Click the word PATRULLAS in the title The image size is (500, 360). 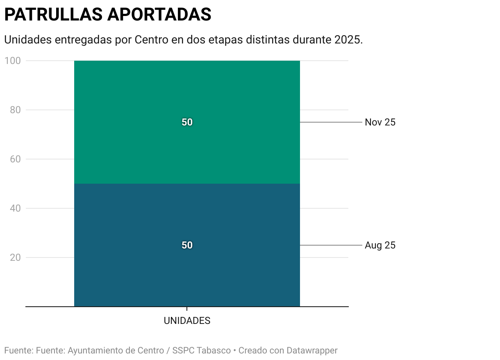click(53, 15)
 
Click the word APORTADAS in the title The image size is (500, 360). click(159, 15)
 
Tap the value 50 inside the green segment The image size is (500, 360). click(187, 123)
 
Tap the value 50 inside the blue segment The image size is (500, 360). click(187, 245)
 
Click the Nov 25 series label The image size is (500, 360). click(380, 122)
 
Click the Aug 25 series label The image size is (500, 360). click(380, 245)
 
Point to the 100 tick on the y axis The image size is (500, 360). click(13, 61)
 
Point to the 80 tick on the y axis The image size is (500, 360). click(15, 110)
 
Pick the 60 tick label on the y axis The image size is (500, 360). click(15, 159)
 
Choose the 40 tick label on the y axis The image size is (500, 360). click(15, 208)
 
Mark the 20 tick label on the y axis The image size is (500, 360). click(15, 257)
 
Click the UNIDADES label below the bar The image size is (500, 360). click(187, 321)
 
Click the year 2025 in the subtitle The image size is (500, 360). click(347, 40)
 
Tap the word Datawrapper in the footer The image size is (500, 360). click(312, 351)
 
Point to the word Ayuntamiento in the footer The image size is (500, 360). click(95, 351)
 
